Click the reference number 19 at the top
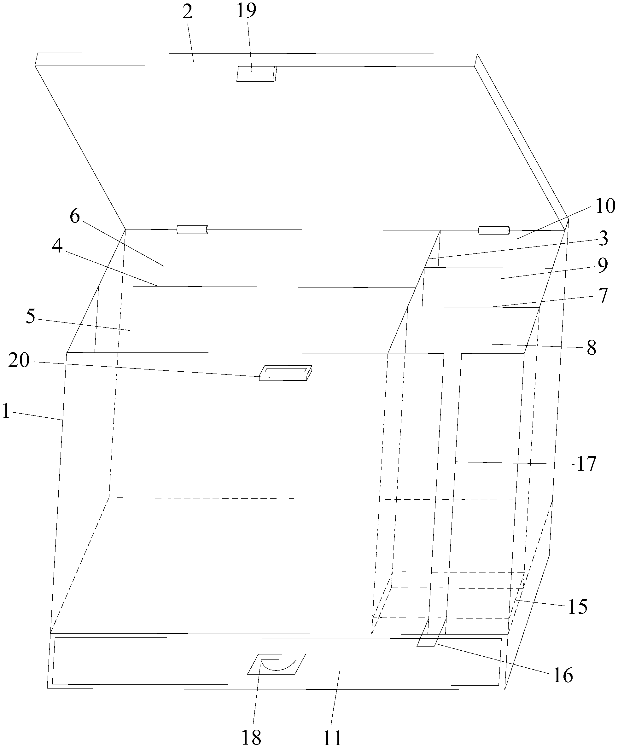tap(246, 11)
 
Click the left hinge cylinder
tap(192, 230)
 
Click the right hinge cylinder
tap(494, 230)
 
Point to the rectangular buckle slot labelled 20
tap(285, 373)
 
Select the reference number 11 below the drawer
tap(333, 737)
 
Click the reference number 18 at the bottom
tap(251, 737)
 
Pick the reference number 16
tap(563, 675)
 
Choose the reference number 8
tap(591, 348)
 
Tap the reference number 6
tap(74, 216)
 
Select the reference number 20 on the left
tap(19, 361)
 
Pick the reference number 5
tap(31, 316)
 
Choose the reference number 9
tap(602, 265)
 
